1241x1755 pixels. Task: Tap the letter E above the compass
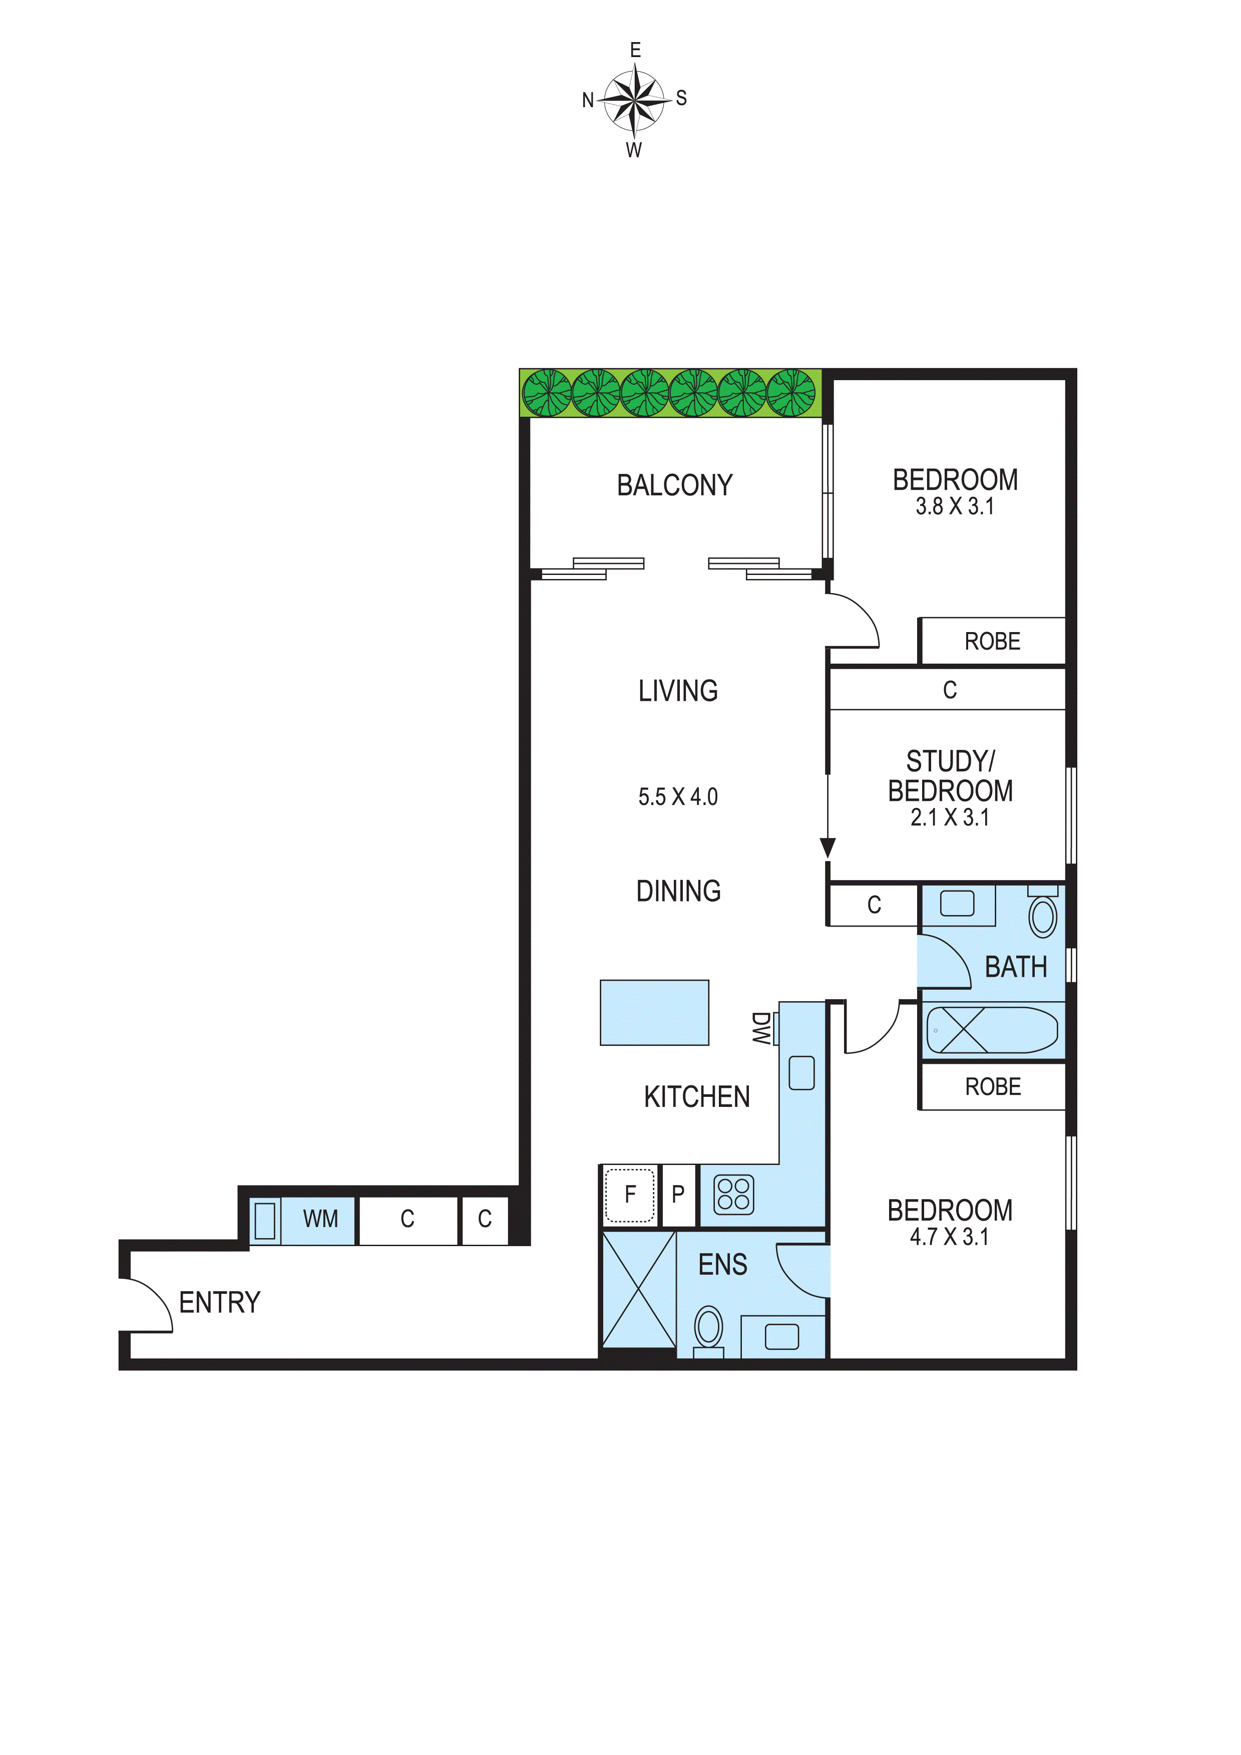(x=635, y=51)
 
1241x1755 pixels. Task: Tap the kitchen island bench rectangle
(x=654, y=1012)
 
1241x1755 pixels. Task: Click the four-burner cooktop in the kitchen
(x=733, y=1195)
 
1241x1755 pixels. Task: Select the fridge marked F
(x=630, y=1194)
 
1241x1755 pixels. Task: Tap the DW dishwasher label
(x=760, y=1028)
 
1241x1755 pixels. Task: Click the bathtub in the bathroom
(x=991, y=1030)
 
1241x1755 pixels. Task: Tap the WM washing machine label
(x=320, y=1219)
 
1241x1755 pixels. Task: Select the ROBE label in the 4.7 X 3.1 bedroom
(x=993, y=1087)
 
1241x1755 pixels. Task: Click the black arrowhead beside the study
(x=828, y=847)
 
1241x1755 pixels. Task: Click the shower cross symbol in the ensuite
(x=639, y=1290)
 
